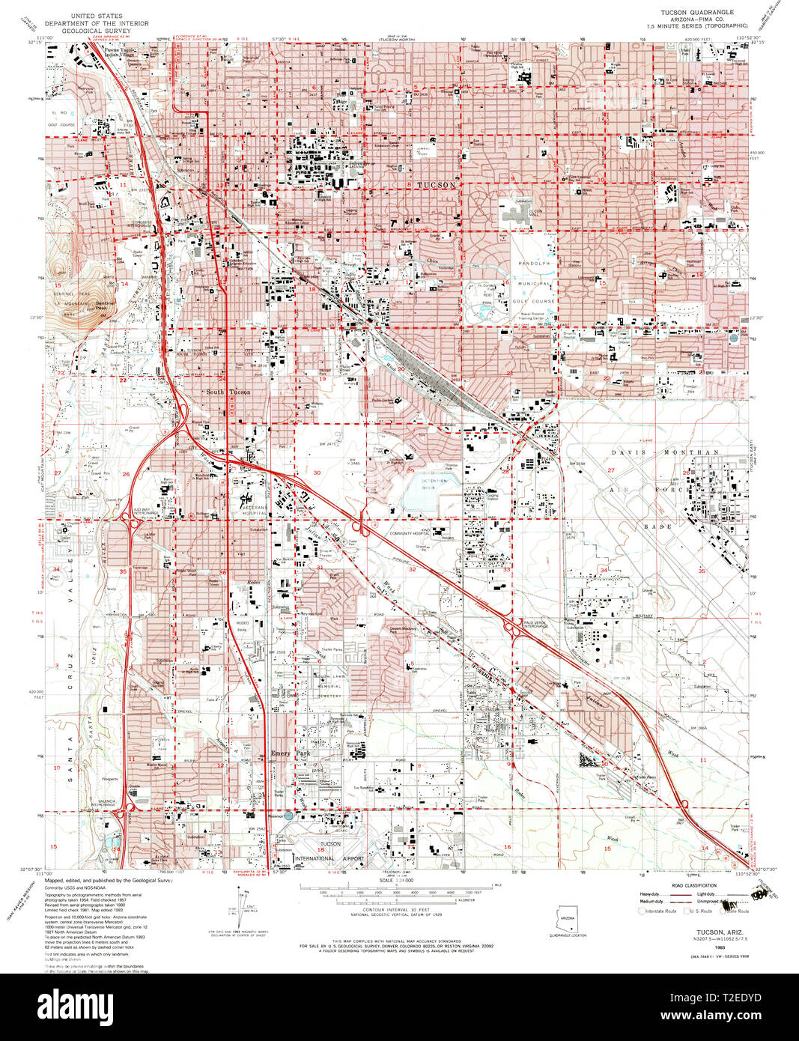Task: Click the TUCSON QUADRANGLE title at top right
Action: click(x=696, y=13)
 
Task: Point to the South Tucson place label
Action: click(x=228, y=392)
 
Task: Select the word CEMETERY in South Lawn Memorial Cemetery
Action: click(x=328, y=696)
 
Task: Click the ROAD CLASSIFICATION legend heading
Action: click(x=693, y=885)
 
